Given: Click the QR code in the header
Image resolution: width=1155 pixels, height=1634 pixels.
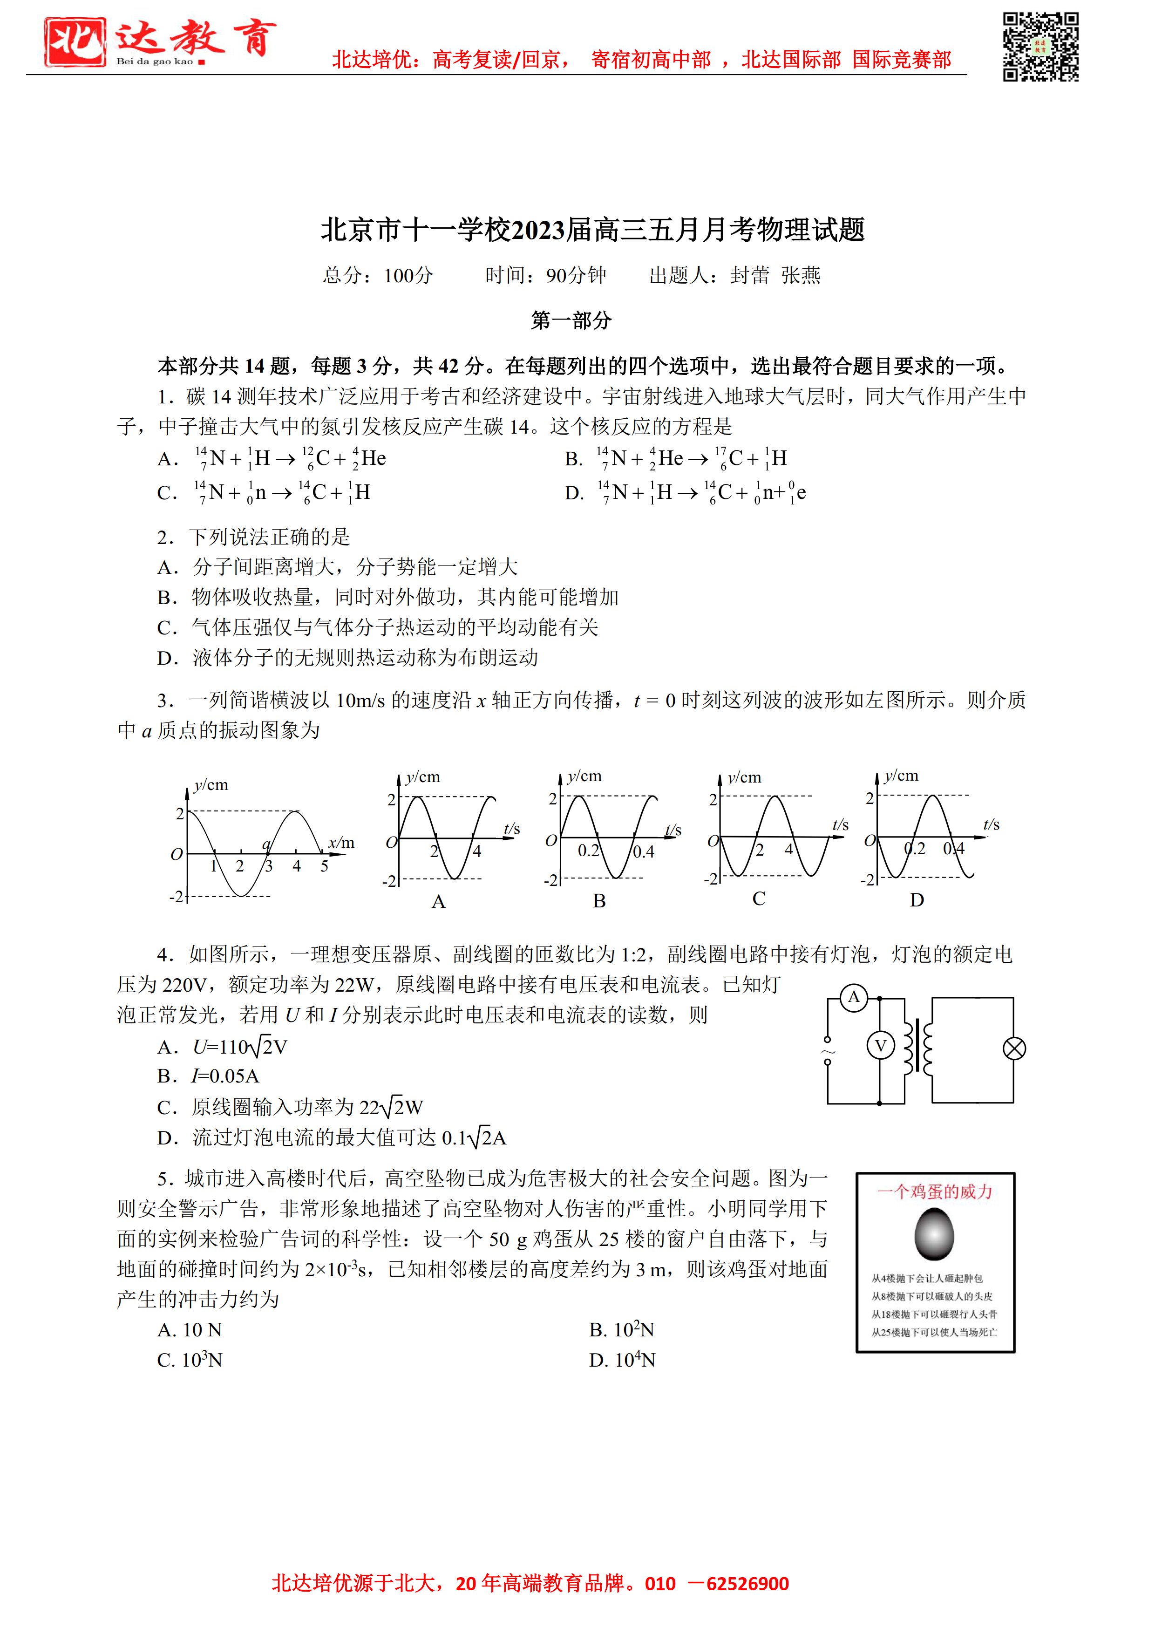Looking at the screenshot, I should tap(1040, 47).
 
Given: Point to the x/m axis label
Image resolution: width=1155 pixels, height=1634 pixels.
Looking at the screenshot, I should tap(341, 843).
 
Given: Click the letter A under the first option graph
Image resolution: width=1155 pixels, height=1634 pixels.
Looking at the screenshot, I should tap(438, 902).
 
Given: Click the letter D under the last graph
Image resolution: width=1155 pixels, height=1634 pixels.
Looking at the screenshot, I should tap(917, 900).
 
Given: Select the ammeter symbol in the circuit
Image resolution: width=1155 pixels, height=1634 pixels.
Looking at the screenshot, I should tap(853, 997).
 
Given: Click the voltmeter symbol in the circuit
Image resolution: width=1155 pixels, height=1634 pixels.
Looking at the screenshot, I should tap(880, 1045).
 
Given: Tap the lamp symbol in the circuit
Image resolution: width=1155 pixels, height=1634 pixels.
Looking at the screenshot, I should tap(1013, 1048).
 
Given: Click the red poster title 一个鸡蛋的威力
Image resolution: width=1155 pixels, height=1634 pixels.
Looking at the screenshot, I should tap(934, 1191).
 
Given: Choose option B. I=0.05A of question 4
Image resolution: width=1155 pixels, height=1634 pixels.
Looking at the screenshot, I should tap(209, 1076).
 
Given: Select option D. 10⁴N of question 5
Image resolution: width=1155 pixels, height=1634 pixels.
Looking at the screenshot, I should tap(622, 1360).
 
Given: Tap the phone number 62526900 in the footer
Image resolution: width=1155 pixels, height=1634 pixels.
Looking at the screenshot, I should tap(747, 1584).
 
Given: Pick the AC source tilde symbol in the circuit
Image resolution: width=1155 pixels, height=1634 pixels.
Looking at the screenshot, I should tap(828, 1051).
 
